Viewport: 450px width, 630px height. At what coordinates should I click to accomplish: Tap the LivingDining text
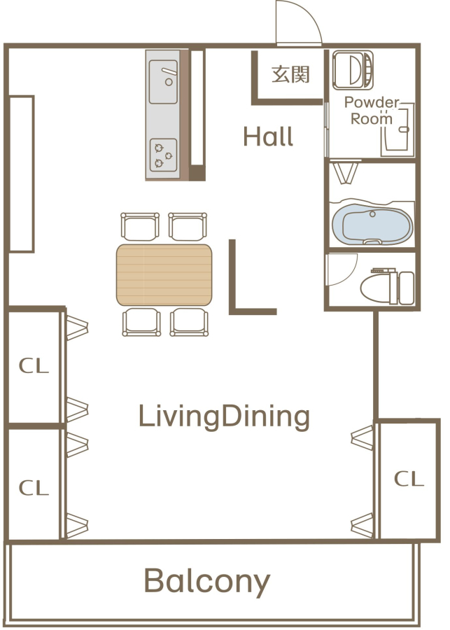coord(224,417)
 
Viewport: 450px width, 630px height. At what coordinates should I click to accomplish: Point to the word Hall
coord(269,136)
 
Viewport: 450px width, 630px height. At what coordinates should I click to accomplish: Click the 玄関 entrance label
coord(290,74)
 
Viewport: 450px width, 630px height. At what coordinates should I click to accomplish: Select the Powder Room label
coord(372,111)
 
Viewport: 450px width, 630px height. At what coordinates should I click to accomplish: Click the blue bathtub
coord(372,225)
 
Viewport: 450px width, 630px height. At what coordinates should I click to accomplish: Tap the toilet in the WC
coord(387,287)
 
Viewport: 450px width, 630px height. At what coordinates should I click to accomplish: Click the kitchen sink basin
coord(163,82)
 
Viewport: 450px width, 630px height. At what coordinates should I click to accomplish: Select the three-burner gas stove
coord(164,155)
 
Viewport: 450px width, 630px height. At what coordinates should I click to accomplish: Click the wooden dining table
coord(164,275)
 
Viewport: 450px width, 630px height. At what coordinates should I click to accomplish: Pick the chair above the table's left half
coord(140,226)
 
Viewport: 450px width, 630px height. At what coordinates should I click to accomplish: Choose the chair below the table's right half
coord(189,322)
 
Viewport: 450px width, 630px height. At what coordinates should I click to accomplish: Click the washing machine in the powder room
coord(353,70)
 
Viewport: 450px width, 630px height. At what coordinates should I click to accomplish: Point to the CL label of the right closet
coord(409,479)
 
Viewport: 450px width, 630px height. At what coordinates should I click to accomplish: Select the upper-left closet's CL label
coord(34,365)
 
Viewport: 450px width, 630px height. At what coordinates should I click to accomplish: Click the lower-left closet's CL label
coord(34,488)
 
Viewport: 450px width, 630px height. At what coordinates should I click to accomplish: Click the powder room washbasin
coord(398,129)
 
